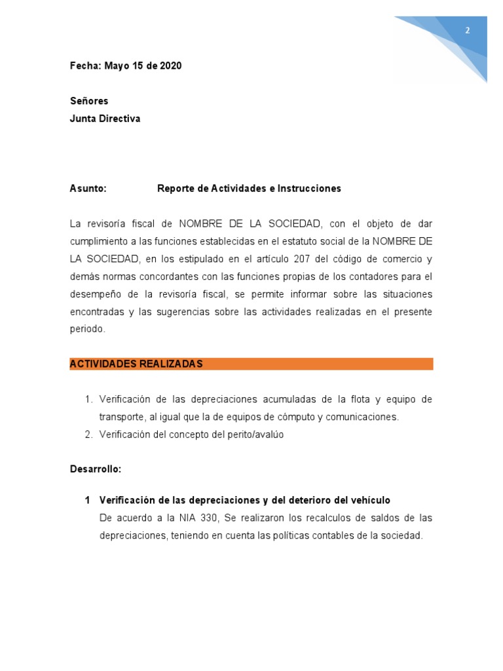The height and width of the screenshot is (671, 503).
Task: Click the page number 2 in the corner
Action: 468,30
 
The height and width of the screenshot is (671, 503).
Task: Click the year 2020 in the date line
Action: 170,66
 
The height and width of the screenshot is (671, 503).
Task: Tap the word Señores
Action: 89,101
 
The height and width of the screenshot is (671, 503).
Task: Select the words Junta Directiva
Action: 105,119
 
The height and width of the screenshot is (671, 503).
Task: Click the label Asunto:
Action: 88,189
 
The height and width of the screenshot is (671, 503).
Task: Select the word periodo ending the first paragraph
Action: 86,330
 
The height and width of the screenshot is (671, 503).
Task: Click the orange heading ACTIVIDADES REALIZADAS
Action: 136,364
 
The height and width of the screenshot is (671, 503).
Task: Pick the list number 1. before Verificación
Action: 89,399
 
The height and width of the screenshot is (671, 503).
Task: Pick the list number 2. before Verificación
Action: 89,434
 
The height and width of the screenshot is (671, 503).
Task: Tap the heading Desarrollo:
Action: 96,469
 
